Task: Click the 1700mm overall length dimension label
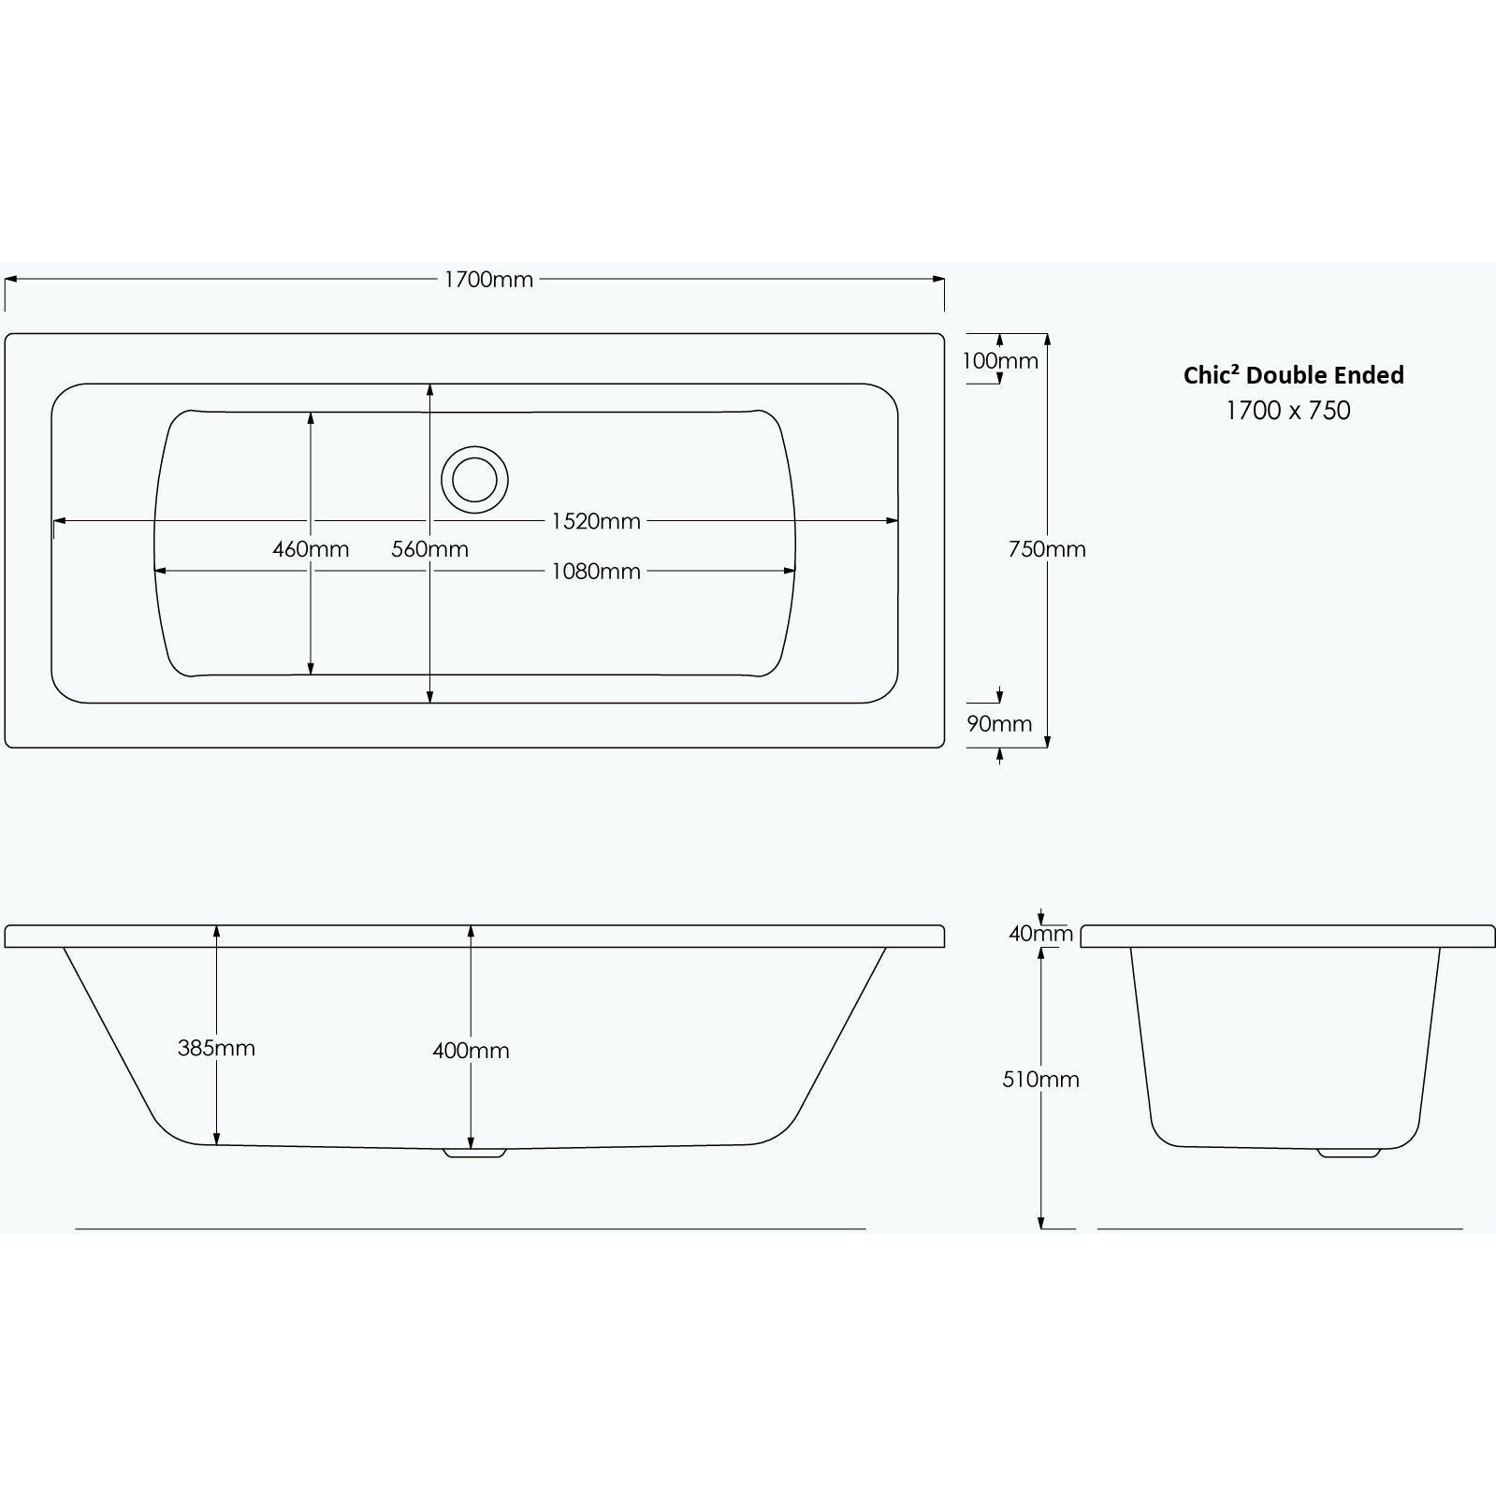[488, 280]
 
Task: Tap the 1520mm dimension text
[596, 521]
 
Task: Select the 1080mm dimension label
[596, 571]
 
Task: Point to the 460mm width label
[311, 549]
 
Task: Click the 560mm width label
[429, 549]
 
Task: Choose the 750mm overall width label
[1047, 549]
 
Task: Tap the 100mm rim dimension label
[1000, 361]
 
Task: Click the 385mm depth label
[216, 1048]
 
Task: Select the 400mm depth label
[471, 1051]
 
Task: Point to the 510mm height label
[1040, 1080]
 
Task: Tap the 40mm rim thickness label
[1040, 934]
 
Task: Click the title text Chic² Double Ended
[1293, 375]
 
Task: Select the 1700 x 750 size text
[1288, 410]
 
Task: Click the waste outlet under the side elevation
[475, 1154]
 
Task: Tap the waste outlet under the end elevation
[1349, 1153]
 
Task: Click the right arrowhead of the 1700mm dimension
[938, 278]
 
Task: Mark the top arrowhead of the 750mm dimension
[1047, 340]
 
